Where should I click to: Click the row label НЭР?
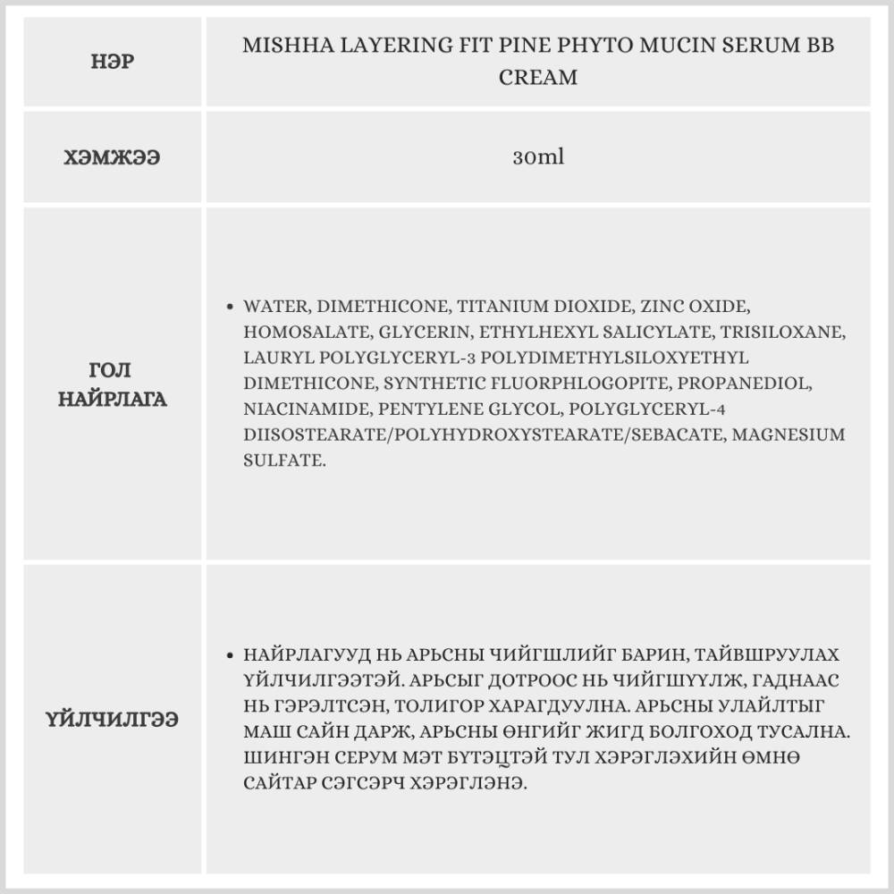(x=113, y=63)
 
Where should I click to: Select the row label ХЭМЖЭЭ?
(x=113, y=157)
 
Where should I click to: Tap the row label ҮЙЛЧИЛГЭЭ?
(x=113, y=719)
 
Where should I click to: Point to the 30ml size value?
(x=538, y=157)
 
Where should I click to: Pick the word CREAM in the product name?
(x=538, y=78)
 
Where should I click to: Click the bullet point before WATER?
(x=231, y=307)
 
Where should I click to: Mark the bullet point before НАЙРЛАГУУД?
(x=231, y=655)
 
